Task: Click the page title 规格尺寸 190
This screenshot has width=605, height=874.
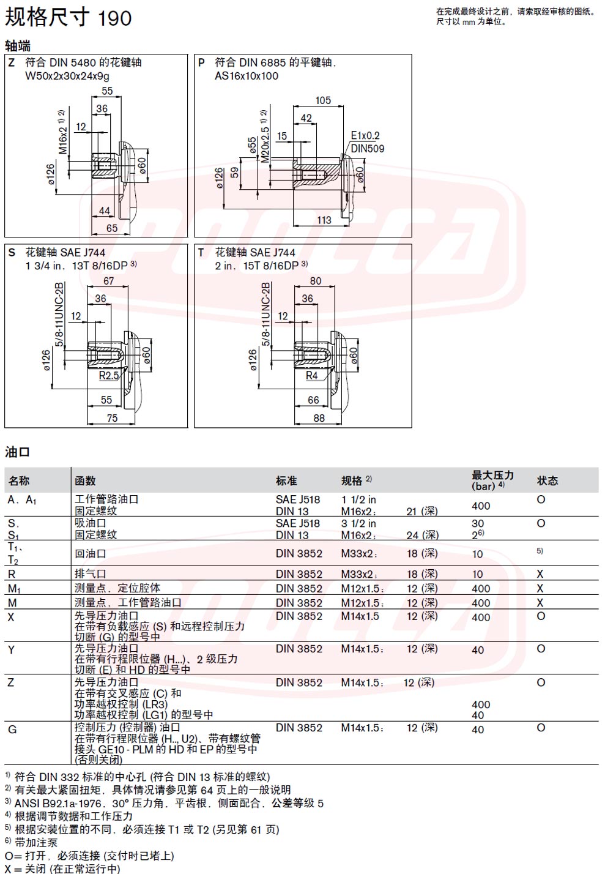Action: tap(68, 18)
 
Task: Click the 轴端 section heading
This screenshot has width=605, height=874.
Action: tap(18, 46)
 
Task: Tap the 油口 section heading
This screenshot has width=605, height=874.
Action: tap(18, 452)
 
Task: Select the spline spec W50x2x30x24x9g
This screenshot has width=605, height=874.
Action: tap(67, 76)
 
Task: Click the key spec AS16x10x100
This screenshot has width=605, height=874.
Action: tap(247, 76)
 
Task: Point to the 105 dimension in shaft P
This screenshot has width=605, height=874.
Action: tap(323, 100)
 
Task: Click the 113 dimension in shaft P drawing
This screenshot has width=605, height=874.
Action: tap(324, 220)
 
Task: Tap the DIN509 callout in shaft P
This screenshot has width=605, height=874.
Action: tap(368, 148)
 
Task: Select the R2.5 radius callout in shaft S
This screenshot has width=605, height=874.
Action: tap(109, 375)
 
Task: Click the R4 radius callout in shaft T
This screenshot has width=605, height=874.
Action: tap(311, 375)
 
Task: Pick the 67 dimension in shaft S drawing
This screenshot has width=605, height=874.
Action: tap(108, 281)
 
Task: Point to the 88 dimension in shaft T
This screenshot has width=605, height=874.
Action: tap(319, 418)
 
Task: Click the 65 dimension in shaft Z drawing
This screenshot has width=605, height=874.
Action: tap(111, 228)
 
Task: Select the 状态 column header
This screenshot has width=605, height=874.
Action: tap(547, 480)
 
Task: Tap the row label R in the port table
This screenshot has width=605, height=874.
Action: tap(12, 574)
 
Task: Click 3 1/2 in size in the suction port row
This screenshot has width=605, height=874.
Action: tap(358, 523)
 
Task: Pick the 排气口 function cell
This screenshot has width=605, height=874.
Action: tap(90, 573)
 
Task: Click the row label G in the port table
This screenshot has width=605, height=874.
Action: tap(12, 729)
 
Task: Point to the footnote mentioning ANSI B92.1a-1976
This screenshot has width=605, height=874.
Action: tap(164, 803)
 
